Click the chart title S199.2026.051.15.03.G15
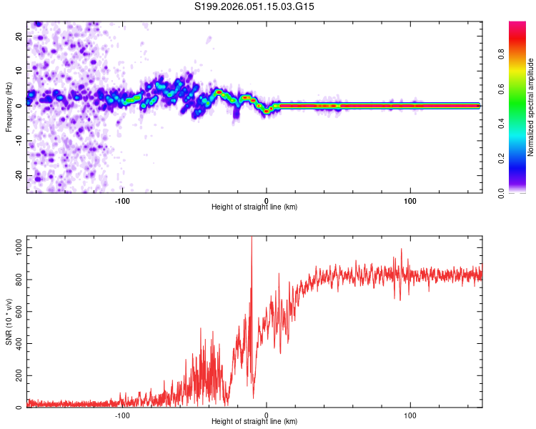coord(255,6)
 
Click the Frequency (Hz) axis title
coord(9,107)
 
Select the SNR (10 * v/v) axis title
coord(9,322)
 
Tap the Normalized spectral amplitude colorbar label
coord(531,107)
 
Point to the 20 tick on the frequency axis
coord(19,36)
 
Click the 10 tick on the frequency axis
coord(19,71)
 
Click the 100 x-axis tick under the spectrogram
coord(410,201)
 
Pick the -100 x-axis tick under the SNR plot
coord(122,415)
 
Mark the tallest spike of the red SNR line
coord(252,239)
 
